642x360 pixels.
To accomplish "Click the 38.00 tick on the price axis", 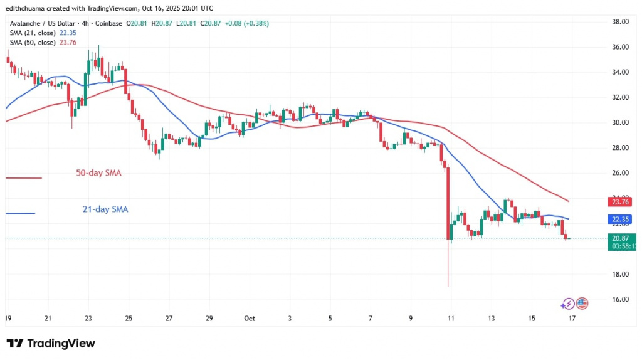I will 619,22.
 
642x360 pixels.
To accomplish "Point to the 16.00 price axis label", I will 619,299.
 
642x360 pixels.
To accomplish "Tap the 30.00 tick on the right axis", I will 619,122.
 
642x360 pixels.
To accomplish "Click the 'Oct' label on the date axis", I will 250,319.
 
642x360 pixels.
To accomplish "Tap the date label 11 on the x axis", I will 451,319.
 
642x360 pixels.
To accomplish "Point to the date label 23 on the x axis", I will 88,319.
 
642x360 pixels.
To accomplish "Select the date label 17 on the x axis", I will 571,319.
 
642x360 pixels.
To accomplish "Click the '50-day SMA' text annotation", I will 100,172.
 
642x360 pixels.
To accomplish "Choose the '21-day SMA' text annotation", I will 105,209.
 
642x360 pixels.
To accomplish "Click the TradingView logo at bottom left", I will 51,343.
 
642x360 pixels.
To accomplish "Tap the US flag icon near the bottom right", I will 581,304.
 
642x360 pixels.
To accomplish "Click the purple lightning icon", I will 568,304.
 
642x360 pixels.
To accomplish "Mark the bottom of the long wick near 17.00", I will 448,286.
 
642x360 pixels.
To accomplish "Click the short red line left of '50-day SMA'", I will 23,178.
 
